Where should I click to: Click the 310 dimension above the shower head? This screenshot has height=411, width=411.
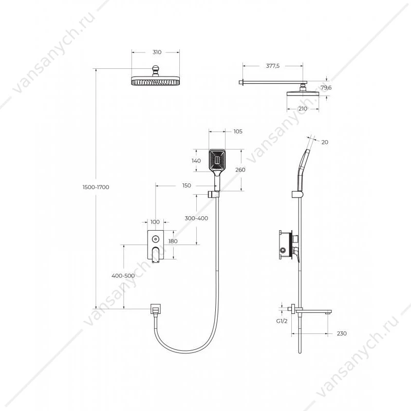(157, 52)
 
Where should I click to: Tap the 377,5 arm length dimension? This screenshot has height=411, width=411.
(273, 66)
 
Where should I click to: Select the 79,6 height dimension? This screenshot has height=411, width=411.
(326, 87)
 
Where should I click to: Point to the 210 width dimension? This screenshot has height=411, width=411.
(303, 108)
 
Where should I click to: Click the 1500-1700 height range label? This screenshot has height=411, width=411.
(96, 187)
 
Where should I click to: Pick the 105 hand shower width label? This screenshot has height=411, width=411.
(238, 132)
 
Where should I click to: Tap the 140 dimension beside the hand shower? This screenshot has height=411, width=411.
(196, 161)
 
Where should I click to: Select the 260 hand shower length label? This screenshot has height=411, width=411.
(240, 170)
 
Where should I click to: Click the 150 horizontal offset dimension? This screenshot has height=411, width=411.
(186, 185)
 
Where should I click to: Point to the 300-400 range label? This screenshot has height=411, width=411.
(196, 218)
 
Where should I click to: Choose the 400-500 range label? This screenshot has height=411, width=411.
(123, 276)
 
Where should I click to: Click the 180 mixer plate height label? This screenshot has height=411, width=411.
(173, 241)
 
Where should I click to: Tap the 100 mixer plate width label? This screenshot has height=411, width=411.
(155, 222)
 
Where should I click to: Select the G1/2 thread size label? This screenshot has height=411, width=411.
(282, 321)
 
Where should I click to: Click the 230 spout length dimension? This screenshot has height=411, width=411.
(342, 333)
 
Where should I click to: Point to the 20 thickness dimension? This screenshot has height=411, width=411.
(325, 142)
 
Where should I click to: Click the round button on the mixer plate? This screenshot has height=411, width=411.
(156, 239)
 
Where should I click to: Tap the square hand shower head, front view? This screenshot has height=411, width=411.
(217, 160)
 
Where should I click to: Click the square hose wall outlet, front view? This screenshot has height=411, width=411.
(156, 309)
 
